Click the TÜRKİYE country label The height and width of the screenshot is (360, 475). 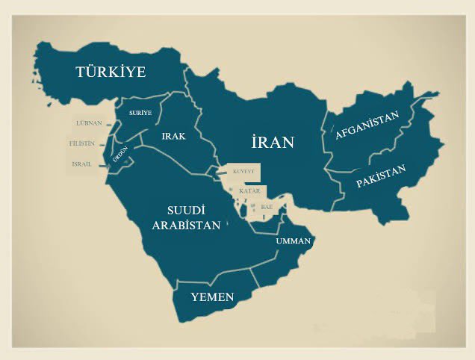pos(110,72)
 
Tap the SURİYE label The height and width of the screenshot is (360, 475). pos(140,113)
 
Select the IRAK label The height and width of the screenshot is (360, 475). pos(173,137)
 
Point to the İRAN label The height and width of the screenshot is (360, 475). pos(273,142)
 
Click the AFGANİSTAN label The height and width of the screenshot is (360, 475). pos(367,125)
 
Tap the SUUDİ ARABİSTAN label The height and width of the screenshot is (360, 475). pos(186,217)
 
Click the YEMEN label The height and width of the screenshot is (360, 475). pos(212,297)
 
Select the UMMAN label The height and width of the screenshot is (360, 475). pos(293,241)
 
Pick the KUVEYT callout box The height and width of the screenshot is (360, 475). pos(244,172)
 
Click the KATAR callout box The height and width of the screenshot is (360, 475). pos(249,191)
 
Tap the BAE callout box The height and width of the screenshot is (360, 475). pos(267,206)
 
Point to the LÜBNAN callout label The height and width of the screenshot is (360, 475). pos(89,122)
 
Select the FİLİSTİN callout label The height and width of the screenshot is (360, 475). pos(81,143)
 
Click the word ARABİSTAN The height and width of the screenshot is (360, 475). pos(186,225)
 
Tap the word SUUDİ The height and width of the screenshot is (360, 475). pos(186,210)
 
